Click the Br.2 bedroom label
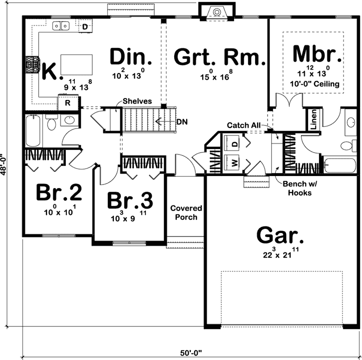(x=59, y=192)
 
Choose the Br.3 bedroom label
(x=130, y=200)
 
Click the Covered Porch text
(x=186, y=212)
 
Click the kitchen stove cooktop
(x=33, y=65)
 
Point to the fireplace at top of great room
(x=216, y=11)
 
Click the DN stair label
(x=181, y=121)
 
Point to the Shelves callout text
(x=138, y=101)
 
